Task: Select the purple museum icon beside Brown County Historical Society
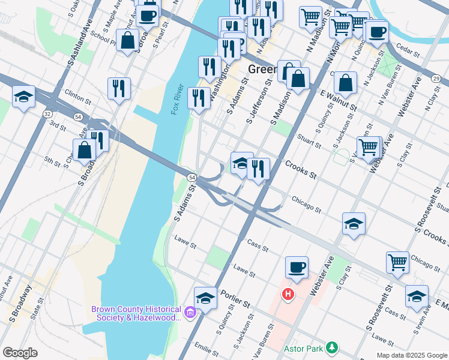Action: click(190, 313)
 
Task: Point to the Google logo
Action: click(20, 353)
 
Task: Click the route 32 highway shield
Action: click(47, 113)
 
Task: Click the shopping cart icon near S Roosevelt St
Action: click(397, 262)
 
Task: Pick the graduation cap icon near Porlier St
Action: click(205, 298)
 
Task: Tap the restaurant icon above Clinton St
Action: click(119, 88)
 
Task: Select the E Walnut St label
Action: click(339, 100)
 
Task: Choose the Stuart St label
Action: click(309, 142)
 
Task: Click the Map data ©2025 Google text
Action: click(411, 355)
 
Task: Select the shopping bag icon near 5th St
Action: click(85, 150)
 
